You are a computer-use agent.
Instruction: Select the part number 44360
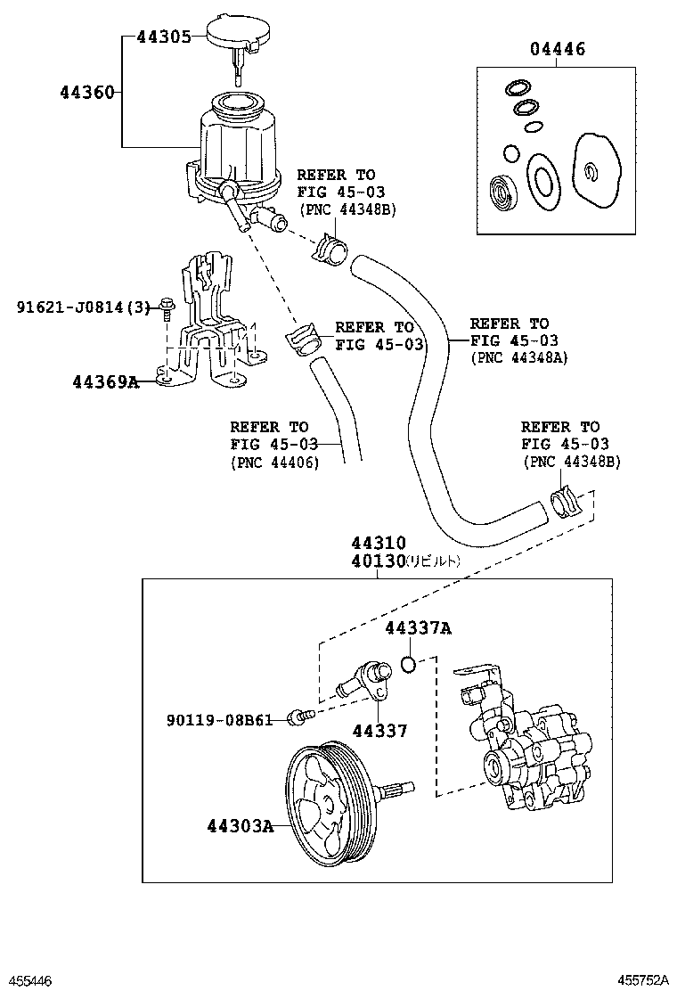pos(87,92)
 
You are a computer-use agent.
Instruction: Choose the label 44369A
pos(106,382)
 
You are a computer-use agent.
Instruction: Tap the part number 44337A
pos(418,628)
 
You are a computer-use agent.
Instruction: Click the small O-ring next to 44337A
pos(408,664)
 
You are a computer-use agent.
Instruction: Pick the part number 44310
pos(378,543)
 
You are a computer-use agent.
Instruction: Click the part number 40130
pos(378,561)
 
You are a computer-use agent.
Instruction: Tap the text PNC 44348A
pos(518,357)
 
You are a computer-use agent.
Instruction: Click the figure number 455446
pos(28,980)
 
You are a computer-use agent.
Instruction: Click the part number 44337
pos(379,731)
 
